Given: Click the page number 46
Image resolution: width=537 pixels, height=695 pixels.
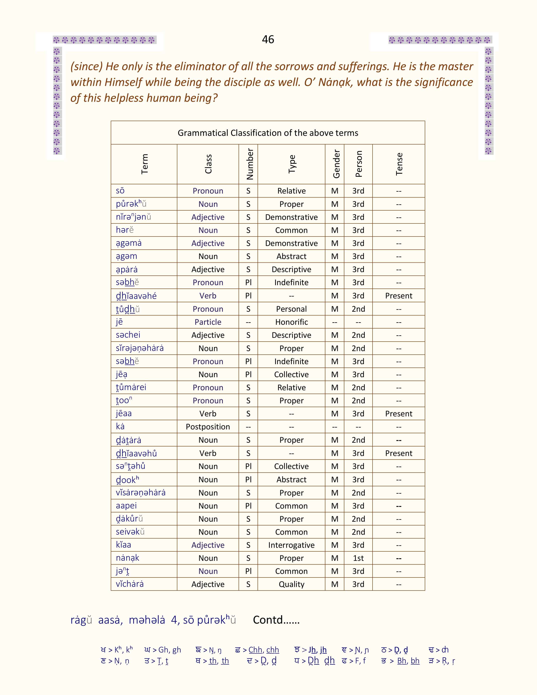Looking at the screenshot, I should click(268, 39).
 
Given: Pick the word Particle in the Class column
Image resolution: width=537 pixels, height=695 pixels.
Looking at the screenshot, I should click(208, 322).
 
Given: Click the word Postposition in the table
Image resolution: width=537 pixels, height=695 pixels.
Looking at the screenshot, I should click(208, 427).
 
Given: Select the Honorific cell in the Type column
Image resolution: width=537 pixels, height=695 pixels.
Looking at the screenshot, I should click(291, 322).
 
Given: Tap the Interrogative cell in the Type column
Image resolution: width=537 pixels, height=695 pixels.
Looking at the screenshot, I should click(291, 545).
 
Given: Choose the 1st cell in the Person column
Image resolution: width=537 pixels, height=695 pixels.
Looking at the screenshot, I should click(358, 558).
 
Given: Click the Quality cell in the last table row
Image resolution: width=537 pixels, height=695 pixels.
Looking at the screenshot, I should click(291, 584).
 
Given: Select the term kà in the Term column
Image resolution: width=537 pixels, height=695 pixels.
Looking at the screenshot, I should click(120, 426).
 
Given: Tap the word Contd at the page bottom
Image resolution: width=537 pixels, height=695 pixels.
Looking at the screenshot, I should click(276, 620).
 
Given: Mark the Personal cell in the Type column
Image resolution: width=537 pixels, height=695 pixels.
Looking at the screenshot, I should click(291, 309).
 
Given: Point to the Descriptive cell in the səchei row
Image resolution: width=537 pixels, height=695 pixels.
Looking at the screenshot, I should click(291, 335).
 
